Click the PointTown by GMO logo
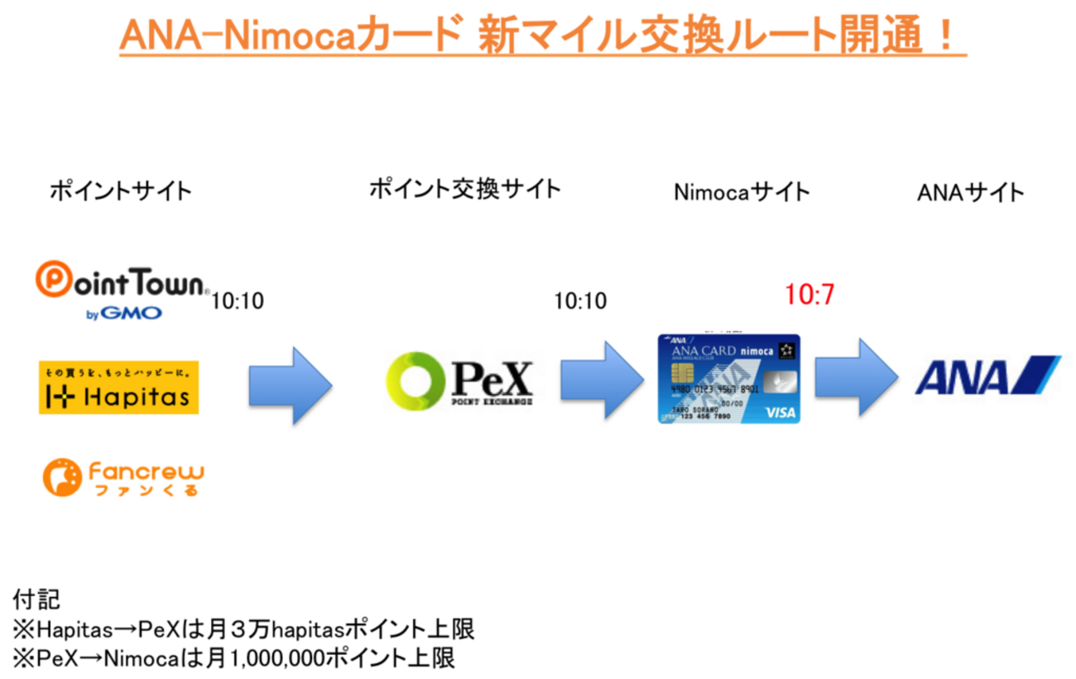pos(124,290)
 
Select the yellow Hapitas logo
pos(118,387)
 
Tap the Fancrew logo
pos(122,479)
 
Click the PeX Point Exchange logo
pos(464,383)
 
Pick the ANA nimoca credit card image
pos(728,379)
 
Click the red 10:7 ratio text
pos(809,296)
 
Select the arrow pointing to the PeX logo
pos(291,384)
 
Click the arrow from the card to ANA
pos(856,376)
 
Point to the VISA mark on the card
pos(780,412)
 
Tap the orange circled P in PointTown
pos(52,281)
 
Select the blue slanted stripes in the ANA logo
pos(1035,374)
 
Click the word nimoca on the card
pos(756,350)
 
